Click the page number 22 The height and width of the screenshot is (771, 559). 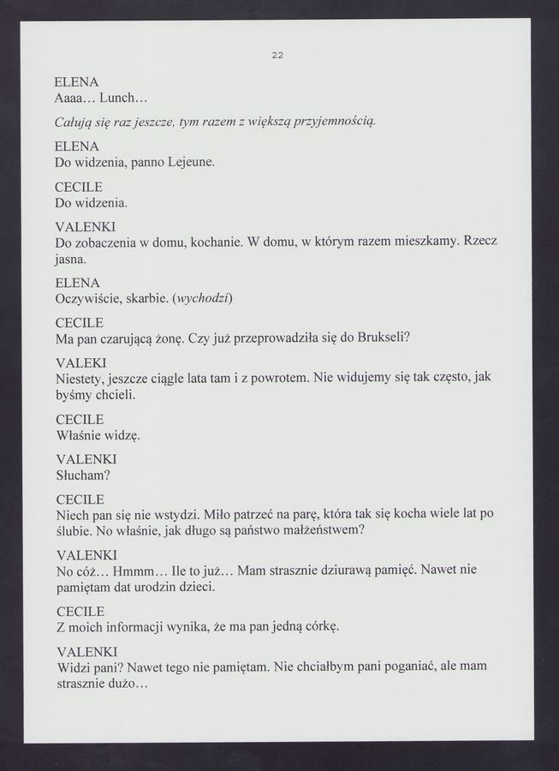pyautogui.click(x=277, y=56)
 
